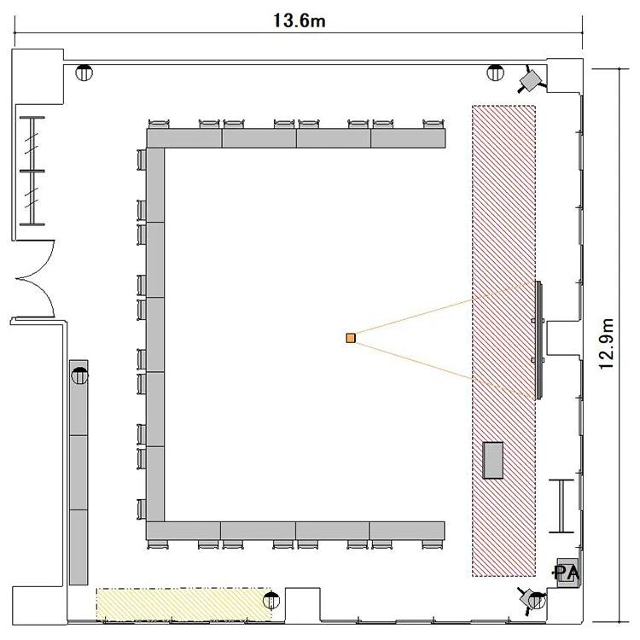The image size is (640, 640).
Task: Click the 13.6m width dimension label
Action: pyautogui.click(x=300, y=20)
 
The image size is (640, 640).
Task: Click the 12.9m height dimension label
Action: pyautogui.click(x=607, y=344)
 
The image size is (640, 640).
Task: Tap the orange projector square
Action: pyautogui.click(x=351, y=338)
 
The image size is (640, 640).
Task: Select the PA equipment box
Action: pyautogui.click(x=567, y=573)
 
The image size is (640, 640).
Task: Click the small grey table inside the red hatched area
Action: pyautogui.click(x=493, y=460)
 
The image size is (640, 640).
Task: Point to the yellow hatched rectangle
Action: pyautogui.click(x=184, y=604)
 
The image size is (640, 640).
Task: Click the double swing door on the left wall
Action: pyautogui.click(x=35, y=279)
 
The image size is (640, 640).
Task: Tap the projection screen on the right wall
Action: pyautogui.click(x=538, y=339)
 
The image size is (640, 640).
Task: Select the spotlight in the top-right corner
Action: pyautogui.click(x=532, y=79)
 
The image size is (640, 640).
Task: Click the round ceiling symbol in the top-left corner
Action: pyautogui.click(x=84, y=73)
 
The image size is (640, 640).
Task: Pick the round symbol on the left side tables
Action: pyautogui.click(x=79, y=375)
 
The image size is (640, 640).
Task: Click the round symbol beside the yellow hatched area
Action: pyautogui.click(x=271, y=601)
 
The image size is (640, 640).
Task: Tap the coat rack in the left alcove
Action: pyautogui.click(x=32, y=171)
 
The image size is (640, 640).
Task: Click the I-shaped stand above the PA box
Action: pyautogui.click(x=561, y=506)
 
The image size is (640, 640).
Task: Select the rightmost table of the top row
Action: pyautogui.click(x=408, y=138)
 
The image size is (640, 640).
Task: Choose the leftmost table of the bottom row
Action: pyautogui.click(x=183, y=530)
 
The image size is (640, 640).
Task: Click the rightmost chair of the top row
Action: pyautogui.click(x=433, y=124)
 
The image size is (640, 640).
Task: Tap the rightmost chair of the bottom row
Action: pyautogui.click(x=433, y=544)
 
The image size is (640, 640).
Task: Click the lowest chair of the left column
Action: pyautogui.click(x=141, y=509)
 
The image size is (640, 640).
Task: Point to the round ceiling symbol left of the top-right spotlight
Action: pyautogui.click(x=496, y=73)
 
